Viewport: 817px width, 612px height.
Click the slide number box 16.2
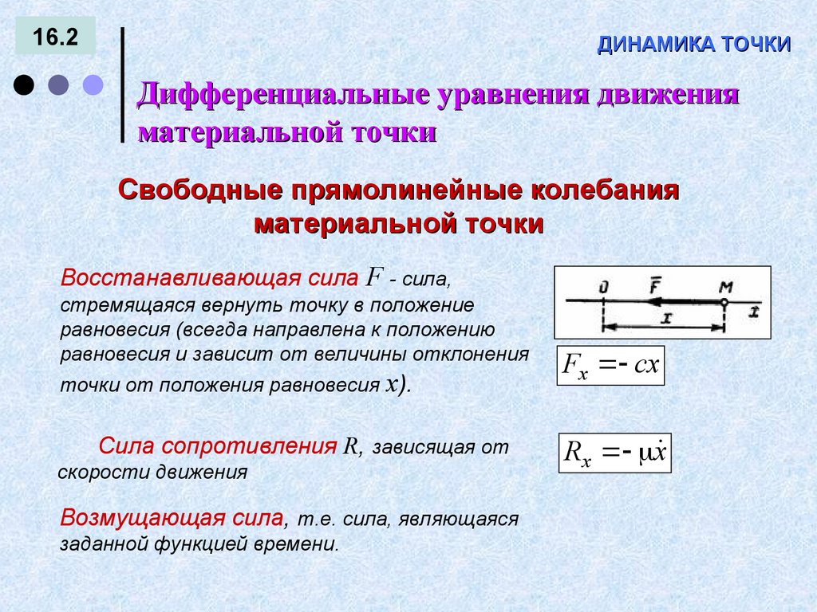(x=55, y=37)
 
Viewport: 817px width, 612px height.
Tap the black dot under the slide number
(x=24, y=85)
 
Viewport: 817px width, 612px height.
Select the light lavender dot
(x=94, y=85)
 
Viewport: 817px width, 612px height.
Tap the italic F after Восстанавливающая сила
(x=375, y=277)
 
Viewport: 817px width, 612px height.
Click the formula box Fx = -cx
(x=610, y=366)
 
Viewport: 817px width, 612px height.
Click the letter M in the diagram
(x=725, y=285)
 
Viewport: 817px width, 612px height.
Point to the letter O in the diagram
(x=603, y=285)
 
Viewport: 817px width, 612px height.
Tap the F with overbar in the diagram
(x=654, y=284)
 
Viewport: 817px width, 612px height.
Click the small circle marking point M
(x=723, y=303)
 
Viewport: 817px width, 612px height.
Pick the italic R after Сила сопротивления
(x=349, y=445)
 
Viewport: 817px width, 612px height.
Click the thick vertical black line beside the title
(x=122, y=85)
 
